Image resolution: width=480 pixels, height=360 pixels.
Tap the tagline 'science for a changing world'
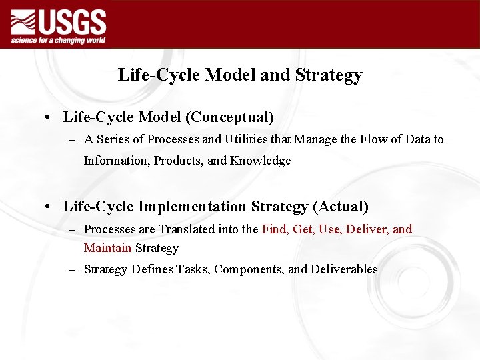click(58, 40)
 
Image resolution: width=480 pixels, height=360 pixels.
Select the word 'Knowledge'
click(261, 161)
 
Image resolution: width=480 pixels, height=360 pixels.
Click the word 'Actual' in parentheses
click(340, 207)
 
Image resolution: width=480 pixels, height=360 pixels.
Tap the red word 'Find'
click(273, 229)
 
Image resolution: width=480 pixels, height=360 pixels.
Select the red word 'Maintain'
click(107, 248)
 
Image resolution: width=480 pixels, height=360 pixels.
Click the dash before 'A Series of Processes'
click(71, 140)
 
